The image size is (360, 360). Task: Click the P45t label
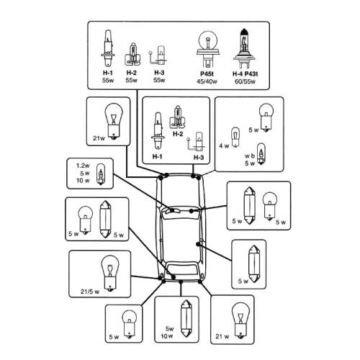coord(207,73)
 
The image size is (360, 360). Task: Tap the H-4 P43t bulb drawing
coord(245,48)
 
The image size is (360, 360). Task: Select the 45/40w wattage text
coord(207,81)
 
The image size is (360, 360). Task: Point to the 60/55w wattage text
coord(245,81)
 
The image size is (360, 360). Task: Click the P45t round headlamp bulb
coord(207,50)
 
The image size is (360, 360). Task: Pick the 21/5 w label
coord(90,292)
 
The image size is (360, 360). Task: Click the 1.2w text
coord(83,166)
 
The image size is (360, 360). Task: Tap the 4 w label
coord(224,145)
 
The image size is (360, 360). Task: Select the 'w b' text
coord(250,156)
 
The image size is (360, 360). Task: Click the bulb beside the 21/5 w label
coord(110,273)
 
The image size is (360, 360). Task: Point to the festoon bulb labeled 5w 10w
coord(186,319)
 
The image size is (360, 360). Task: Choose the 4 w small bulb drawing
coord(235,137)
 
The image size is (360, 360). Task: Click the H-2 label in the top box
coord(132,73)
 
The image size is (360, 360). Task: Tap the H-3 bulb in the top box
coord(158,55)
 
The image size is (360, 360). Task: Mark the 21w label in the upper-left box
coord(99,138)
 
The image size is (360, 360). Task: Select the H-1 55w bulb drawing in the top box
coord(108,48)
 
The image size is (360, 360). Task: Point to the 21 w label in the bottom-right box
coord(222,336)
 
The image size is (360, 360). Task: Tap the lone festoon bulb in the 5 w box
coord(254,264)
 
